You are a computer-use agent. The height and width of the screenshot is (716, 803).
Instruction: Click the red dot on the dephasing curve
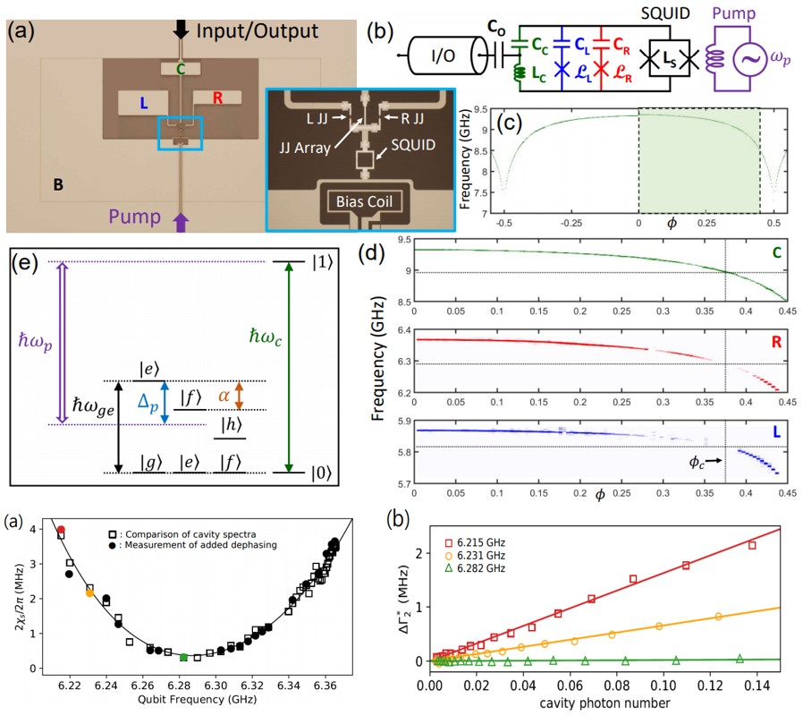(61, 530)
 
